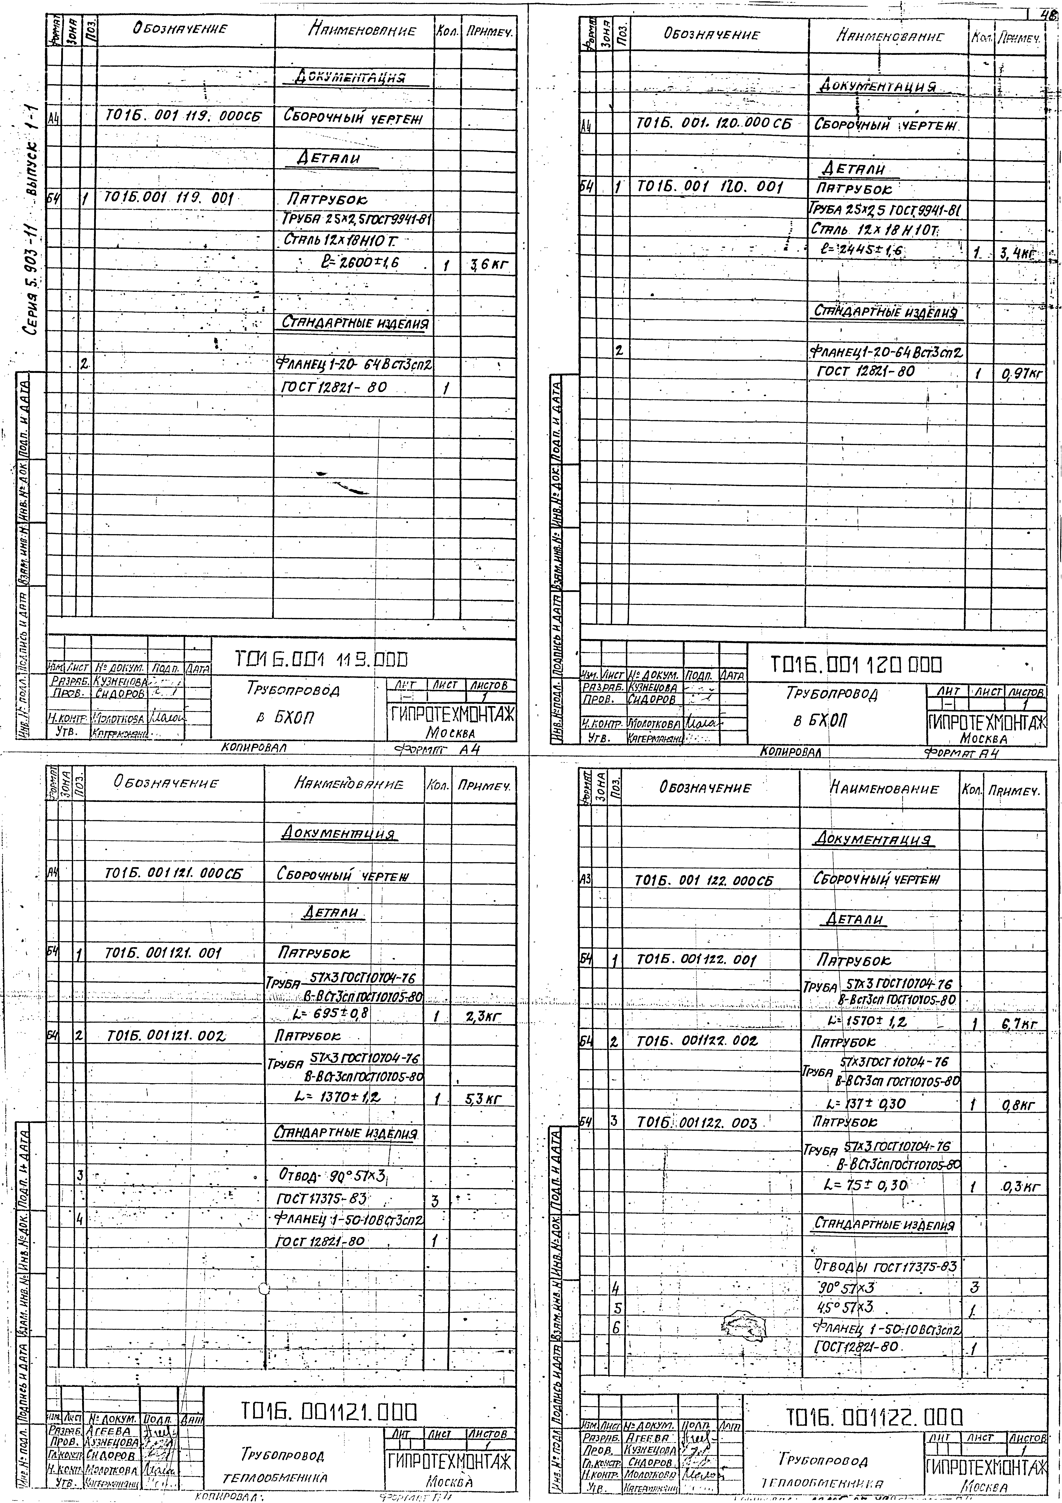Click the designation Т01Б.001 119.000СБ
[x=183, y=117]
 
